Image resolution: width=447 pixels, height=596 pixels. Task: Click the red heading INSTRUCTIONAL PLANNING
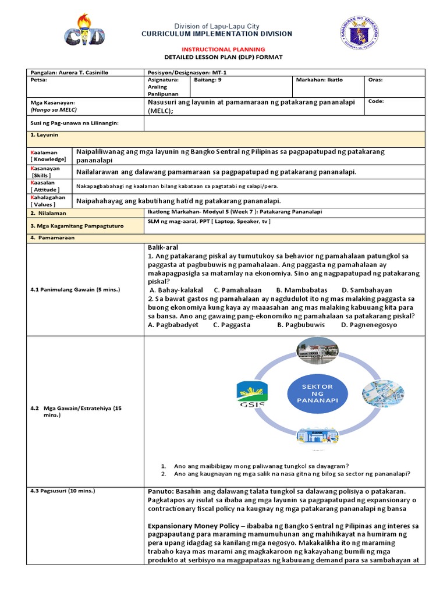point(224,49)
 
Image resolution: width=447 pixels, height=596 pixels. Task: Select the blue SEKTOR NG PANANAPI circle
point(318,394)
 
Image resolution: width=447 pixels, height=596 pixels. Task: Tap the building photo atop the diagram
point(318,351)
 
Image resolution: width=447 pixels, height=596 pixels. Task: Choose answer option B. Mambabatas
point(301,290)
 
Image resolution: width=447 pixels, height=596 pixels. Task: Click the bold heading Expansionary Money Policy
point(198,526)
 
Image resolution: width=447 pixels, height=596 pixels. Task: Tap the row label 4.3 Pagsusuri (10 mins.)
point(63,491)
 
